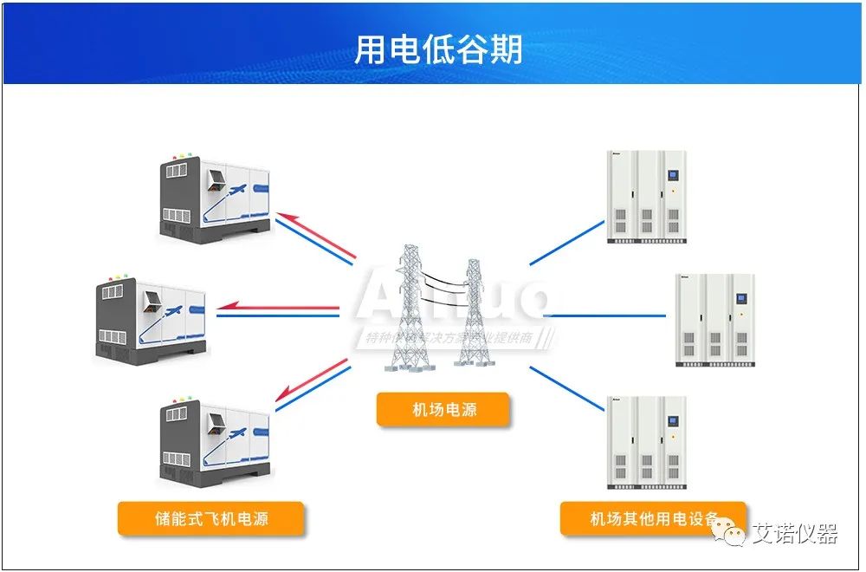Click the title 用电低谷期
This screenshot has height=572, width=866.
[x=438, y=49]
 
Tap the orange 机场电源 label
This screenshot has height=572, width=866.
[x=443, y=409]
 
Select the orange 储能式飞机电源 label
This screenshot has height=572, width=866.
[x=211, y=518]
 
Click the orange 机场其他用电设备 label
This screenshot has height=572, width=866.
[x=653, y=518]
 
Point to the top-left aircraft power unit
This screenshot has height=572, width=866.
[x=216, y=198]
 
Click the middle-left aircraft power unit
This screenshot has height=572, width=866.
[x=152, y=319]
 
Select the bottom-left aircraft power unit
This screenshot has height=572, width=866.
[x=216, y=442]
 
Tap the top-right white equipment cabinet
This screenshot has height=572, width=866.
[x=647, y=196]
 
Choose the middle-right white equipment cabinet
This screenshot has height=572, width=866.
[x=715, y=319]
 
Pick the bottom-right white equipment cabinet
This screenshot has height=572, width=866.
[x=647, y=442]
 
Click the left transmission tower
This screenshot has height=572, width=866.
[x=407, y=308]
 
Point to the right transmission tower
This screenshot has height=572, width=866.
[x=472, y=312]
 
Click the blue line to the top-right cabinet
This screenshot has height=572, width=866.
[x=567, y=242]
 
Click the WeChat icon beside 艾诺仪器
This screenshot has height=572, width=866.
[x=733, y=535]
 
